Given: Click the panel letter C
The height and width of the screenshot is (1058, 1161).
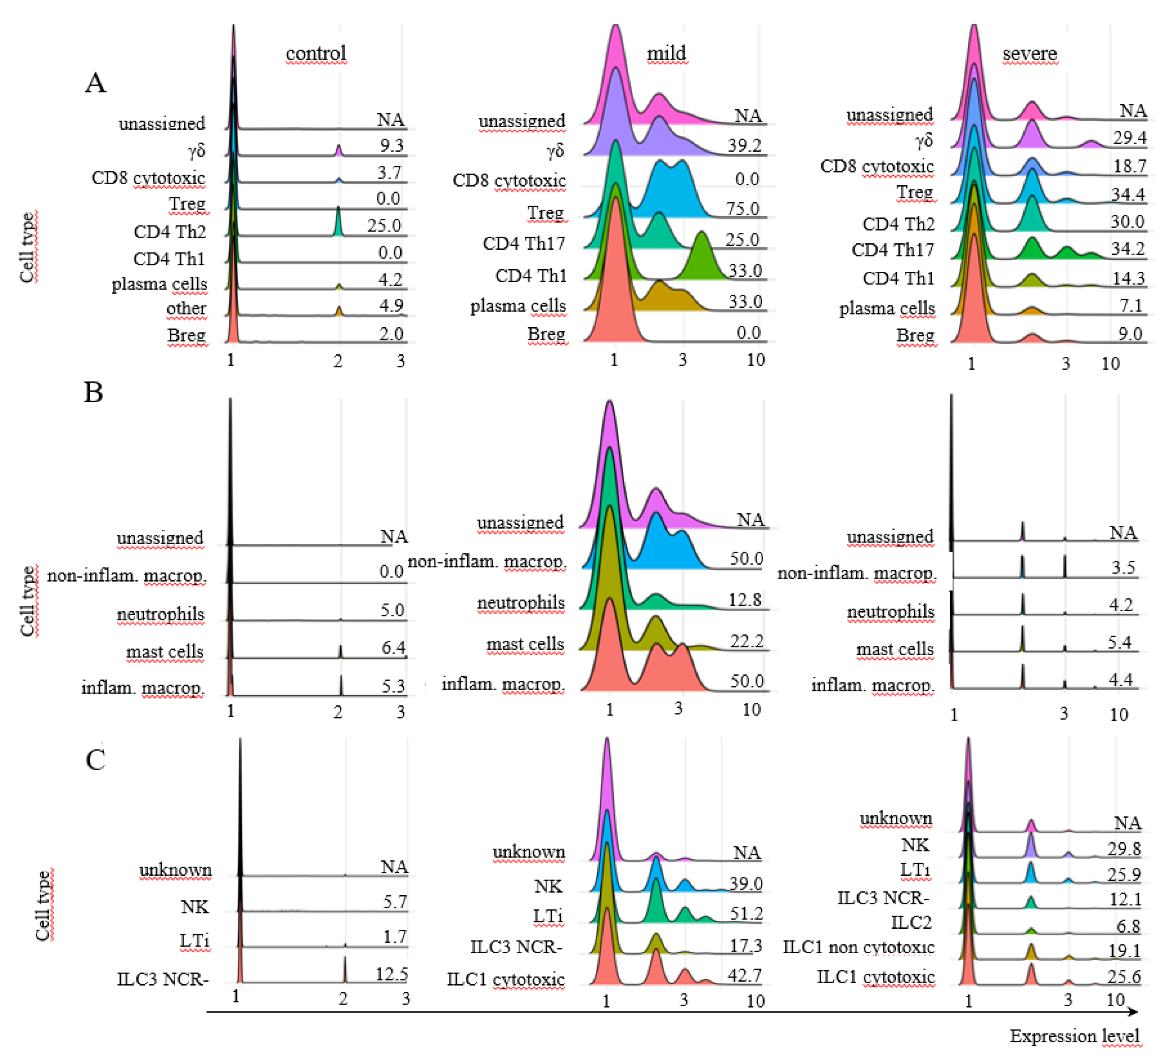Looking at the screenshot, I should (96, 760).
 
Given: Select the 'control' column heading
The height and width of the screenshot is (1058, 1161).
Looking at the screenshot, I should (316, 53).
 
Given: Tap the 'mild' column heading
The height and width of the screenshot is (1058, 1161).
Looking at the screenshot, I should (666, 53).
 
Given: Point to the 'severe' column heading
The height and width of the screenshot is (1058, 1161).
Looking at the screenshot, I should (1030, 53).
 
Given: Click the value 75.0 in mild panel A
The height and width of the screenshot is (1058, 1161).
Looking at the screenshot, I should (743, 209).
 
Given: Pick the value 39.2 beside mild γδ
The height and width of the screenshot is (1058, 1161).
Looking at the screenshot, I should (744, 145).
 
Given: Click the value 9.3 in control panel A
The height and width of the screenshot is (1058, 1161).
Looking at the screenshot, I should (392, 145).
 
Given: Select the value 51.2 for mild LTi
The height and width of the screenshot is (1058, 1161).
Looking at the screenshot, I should (746, 913).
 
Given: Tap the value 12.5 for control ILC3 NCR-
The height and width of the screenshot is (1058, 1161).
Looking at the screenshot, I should (392, 974).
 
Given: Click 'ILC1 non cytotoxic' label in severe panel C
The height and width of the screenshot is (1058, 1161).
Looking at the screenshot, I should (858, 947).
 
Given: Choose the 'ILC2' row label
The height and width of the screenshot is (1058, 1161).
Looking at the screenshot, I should (911, 923).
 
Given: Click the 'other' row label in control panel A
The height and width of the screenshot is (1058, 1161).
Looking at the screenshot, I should (186, 309).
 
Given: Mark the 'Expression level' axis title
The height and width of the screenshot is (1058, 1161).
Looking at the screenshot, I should (1075, 1036).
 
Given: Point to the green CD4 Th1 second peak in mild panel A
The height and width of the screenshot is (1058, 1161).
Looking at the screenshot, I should (702, 253).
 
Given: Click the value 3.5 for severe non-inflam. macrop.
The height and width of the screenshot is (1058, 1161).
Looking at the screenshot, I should (1123, 568).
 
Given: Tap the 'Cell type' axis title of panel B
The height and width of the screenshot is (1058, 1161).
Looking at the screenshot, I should (28, 601).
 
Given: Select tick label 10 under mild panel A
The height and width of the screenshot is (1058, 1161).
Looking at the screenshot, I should (756, 360).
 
